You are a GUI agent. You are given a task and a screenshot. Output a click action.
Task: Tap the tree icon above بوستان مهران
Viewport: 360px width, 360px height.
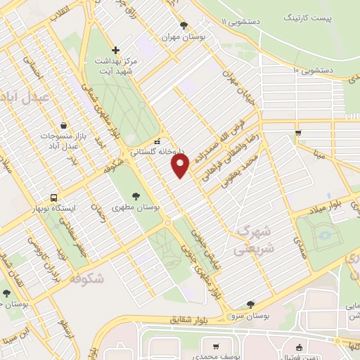[184, 25]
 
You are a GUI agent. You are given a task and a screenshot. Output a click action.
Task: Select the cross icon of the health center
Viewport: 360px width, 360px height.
[116, 51]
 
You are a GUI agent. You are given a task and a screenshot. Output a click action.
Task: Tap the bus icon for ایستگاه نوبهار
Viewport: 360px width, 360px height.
[54, 198]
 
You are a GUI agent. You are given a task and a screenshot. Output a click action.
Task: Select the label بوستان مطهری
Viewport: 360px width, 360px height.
[136, 207]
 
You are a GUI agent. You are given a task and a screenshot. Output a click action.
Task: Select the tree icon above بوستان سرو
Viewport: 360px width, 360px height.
[251, 304]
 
